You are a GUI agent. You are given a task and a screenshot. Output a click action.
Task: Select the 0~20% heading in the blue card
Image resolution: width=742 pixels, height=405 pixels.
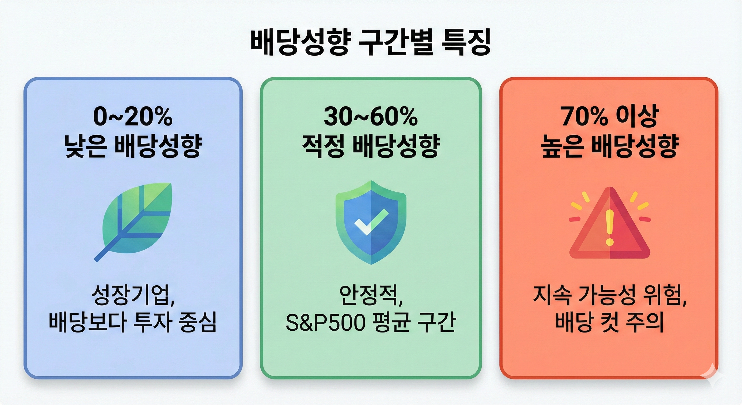[133, 117]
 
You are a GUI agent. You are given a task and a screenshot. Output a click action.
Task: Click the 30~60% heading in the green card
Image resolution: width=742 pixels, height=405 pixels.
[371, 117]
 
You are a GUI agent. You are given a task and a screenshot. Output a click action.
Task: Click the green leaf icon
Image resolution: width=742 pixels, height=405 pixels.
[138, 219]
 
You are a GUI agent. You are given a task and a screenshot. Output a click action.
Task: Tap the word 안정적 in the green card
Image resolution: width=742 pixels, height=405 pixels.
[369, 295]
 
